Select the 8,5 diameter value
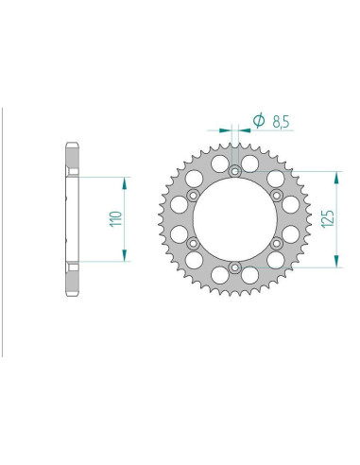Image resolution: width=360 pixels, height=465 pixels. point(280,121)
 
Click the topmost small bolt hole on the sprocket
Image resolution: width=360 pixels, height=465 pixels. point(233,171)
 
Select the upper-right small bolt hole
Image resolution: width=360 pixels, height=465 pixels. point(275,195)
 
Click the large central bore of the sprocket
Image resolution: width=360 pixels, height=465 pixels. point(233,219)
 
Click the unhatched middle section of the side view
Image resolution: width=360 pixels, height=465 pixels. point(71,219)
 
